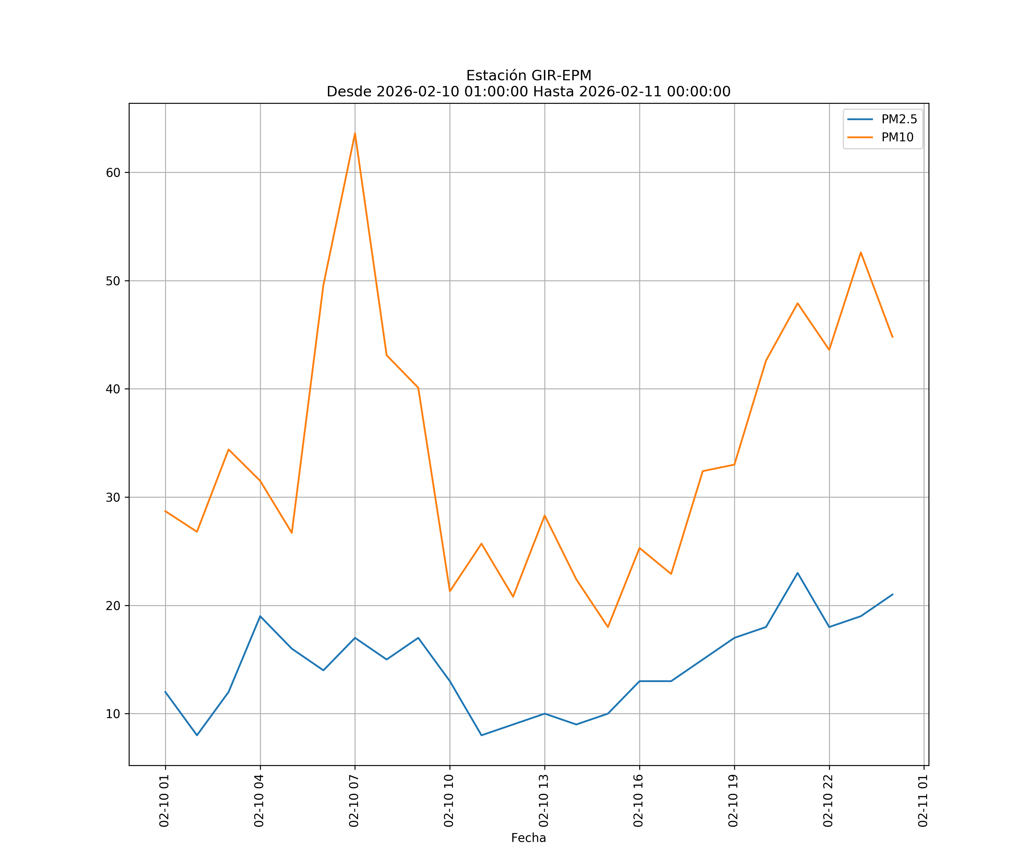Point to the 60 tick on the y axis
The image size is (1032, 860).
[x=113, y=173]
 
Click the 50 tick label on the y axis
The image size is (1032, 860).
[x=113, y=281]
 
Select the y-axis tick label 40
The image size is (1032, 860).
[x=113, y=389]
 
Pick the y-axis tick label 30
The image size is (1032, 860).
[x=113, y=497]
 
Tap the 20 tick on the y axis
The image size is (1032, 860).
[x=113, y=605]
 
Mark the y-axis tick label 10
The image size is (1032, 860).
[x=113, y=714]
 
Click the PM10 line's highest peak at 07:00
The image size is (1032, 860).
[x=355, y=133]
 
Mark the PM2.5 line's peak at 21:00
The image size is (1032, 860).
[x=798, y=573]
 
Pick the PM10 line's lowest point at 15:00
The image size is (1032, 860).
[x=608, y=627]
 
